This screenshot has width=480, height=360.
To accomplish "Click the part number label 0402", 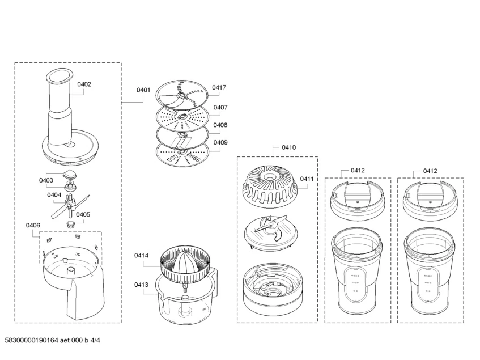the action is (84, 84).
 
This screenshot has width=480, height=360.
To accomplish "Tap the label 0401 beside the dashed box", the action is (143, 90).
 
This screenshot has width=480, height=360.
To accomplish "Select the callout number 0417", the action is (219, 87).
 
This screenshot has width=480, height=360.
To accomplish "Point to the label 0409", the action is (220, 142).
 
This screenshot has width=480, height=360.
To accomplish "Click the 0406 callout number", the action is (33, 225).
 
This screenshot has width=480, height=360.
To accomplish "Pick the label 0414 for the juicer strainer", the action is (141, 255).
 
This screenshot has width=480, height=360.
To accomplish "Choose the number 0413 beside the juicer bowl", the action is (141, 285).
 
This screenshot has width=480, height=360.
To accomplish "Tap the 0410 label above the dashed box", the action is (288, 147).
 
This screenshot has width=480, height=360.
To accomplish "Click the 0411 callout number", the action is (307, 179).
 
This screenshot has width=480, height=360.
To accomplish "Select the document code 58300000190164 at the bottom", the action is (31, 340).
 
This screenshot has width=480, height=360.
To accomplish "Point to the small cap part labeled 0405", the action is (71, 223).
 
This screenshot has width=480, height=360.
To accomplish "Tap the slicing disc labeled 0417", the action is (182, 95).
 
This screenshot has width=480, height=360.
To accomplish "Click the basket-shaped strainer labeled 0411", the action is (270, 185).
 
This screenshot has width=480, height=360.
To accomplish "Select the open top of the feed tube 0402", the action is (60, 77).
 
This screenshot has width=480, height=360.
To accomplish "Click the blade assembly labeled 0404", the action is (70, 206).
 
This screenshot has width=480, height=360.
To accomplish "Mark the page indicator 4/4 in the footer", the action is (95, 340).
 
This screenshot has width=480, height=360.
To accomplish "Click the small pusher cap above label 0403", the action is (70, 175).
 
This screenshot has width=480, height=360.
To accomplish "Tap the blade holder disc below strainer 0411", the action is (270, 232).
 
